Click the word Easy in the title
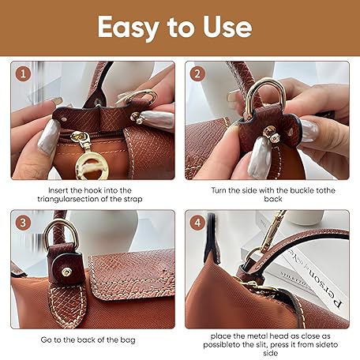click(x=129, y=28)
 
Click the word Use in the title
click(x=227, y=27)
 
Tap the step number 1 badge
click(x=23, y=74)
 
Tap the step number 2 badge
click(x=197, y=73)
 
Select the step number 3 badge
click(x=23, y=223)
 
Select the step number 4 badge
click(x=197, y=223)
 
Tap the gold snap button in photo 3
click(x=66, y=272)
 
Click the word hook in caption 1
click(x=92, y=190)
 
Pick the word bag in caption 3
click(x=128, y=340)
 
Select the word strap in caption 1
click(x=133, y=199)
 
